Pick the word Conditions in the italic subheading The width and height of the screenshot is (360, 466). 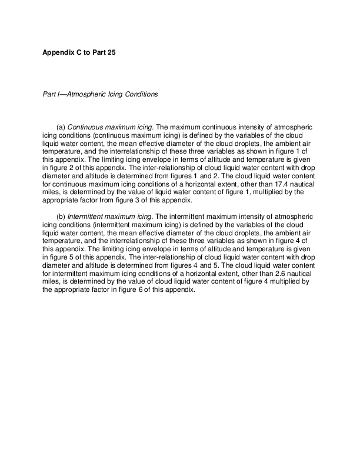142,94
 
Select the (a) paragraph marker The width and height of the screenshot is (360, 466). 61,127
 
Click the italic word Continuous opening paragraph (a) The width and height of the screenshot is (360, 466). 84,127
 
